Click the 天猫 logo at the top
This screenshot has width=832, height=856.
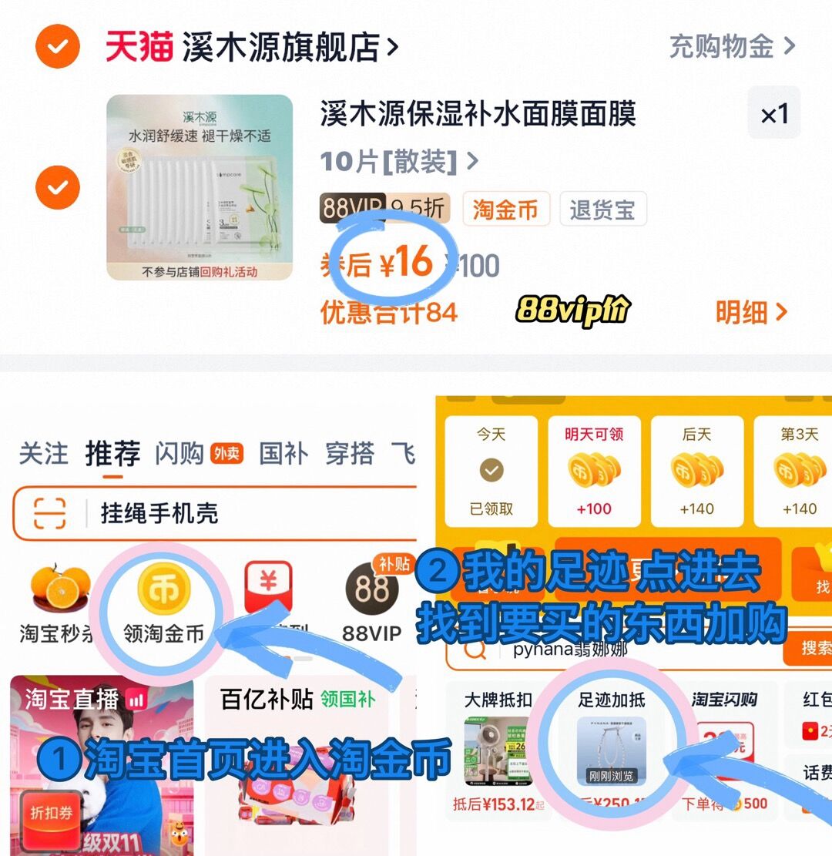139,48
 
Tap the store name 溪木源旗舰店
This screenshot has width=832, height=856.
281,48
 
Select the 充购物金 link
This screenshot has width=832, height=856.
730,47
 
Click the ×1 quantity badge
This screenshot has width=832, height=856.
774,115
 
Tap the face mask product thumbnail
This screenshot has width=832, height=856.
200,187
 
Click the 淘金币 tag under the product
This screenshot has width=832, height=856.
506,210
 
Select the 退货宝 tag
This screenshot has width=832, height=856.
602,210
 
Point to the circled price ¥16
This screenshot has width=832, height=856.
408,264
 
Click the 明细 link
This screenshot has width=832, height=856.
751,312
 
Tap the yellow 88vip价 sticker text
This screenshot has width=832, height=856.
573,310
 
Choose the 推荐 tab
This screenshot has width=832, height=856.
112,454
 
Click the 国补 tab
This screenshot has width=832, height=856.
283,454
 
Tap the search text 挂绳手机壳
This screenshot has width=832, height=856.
159,513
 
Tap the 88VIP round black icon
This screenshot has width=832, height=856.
372,589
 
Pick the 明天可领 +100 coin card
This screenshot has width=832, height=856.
594,471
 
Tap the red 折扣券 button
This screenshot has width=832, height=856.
52,814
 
